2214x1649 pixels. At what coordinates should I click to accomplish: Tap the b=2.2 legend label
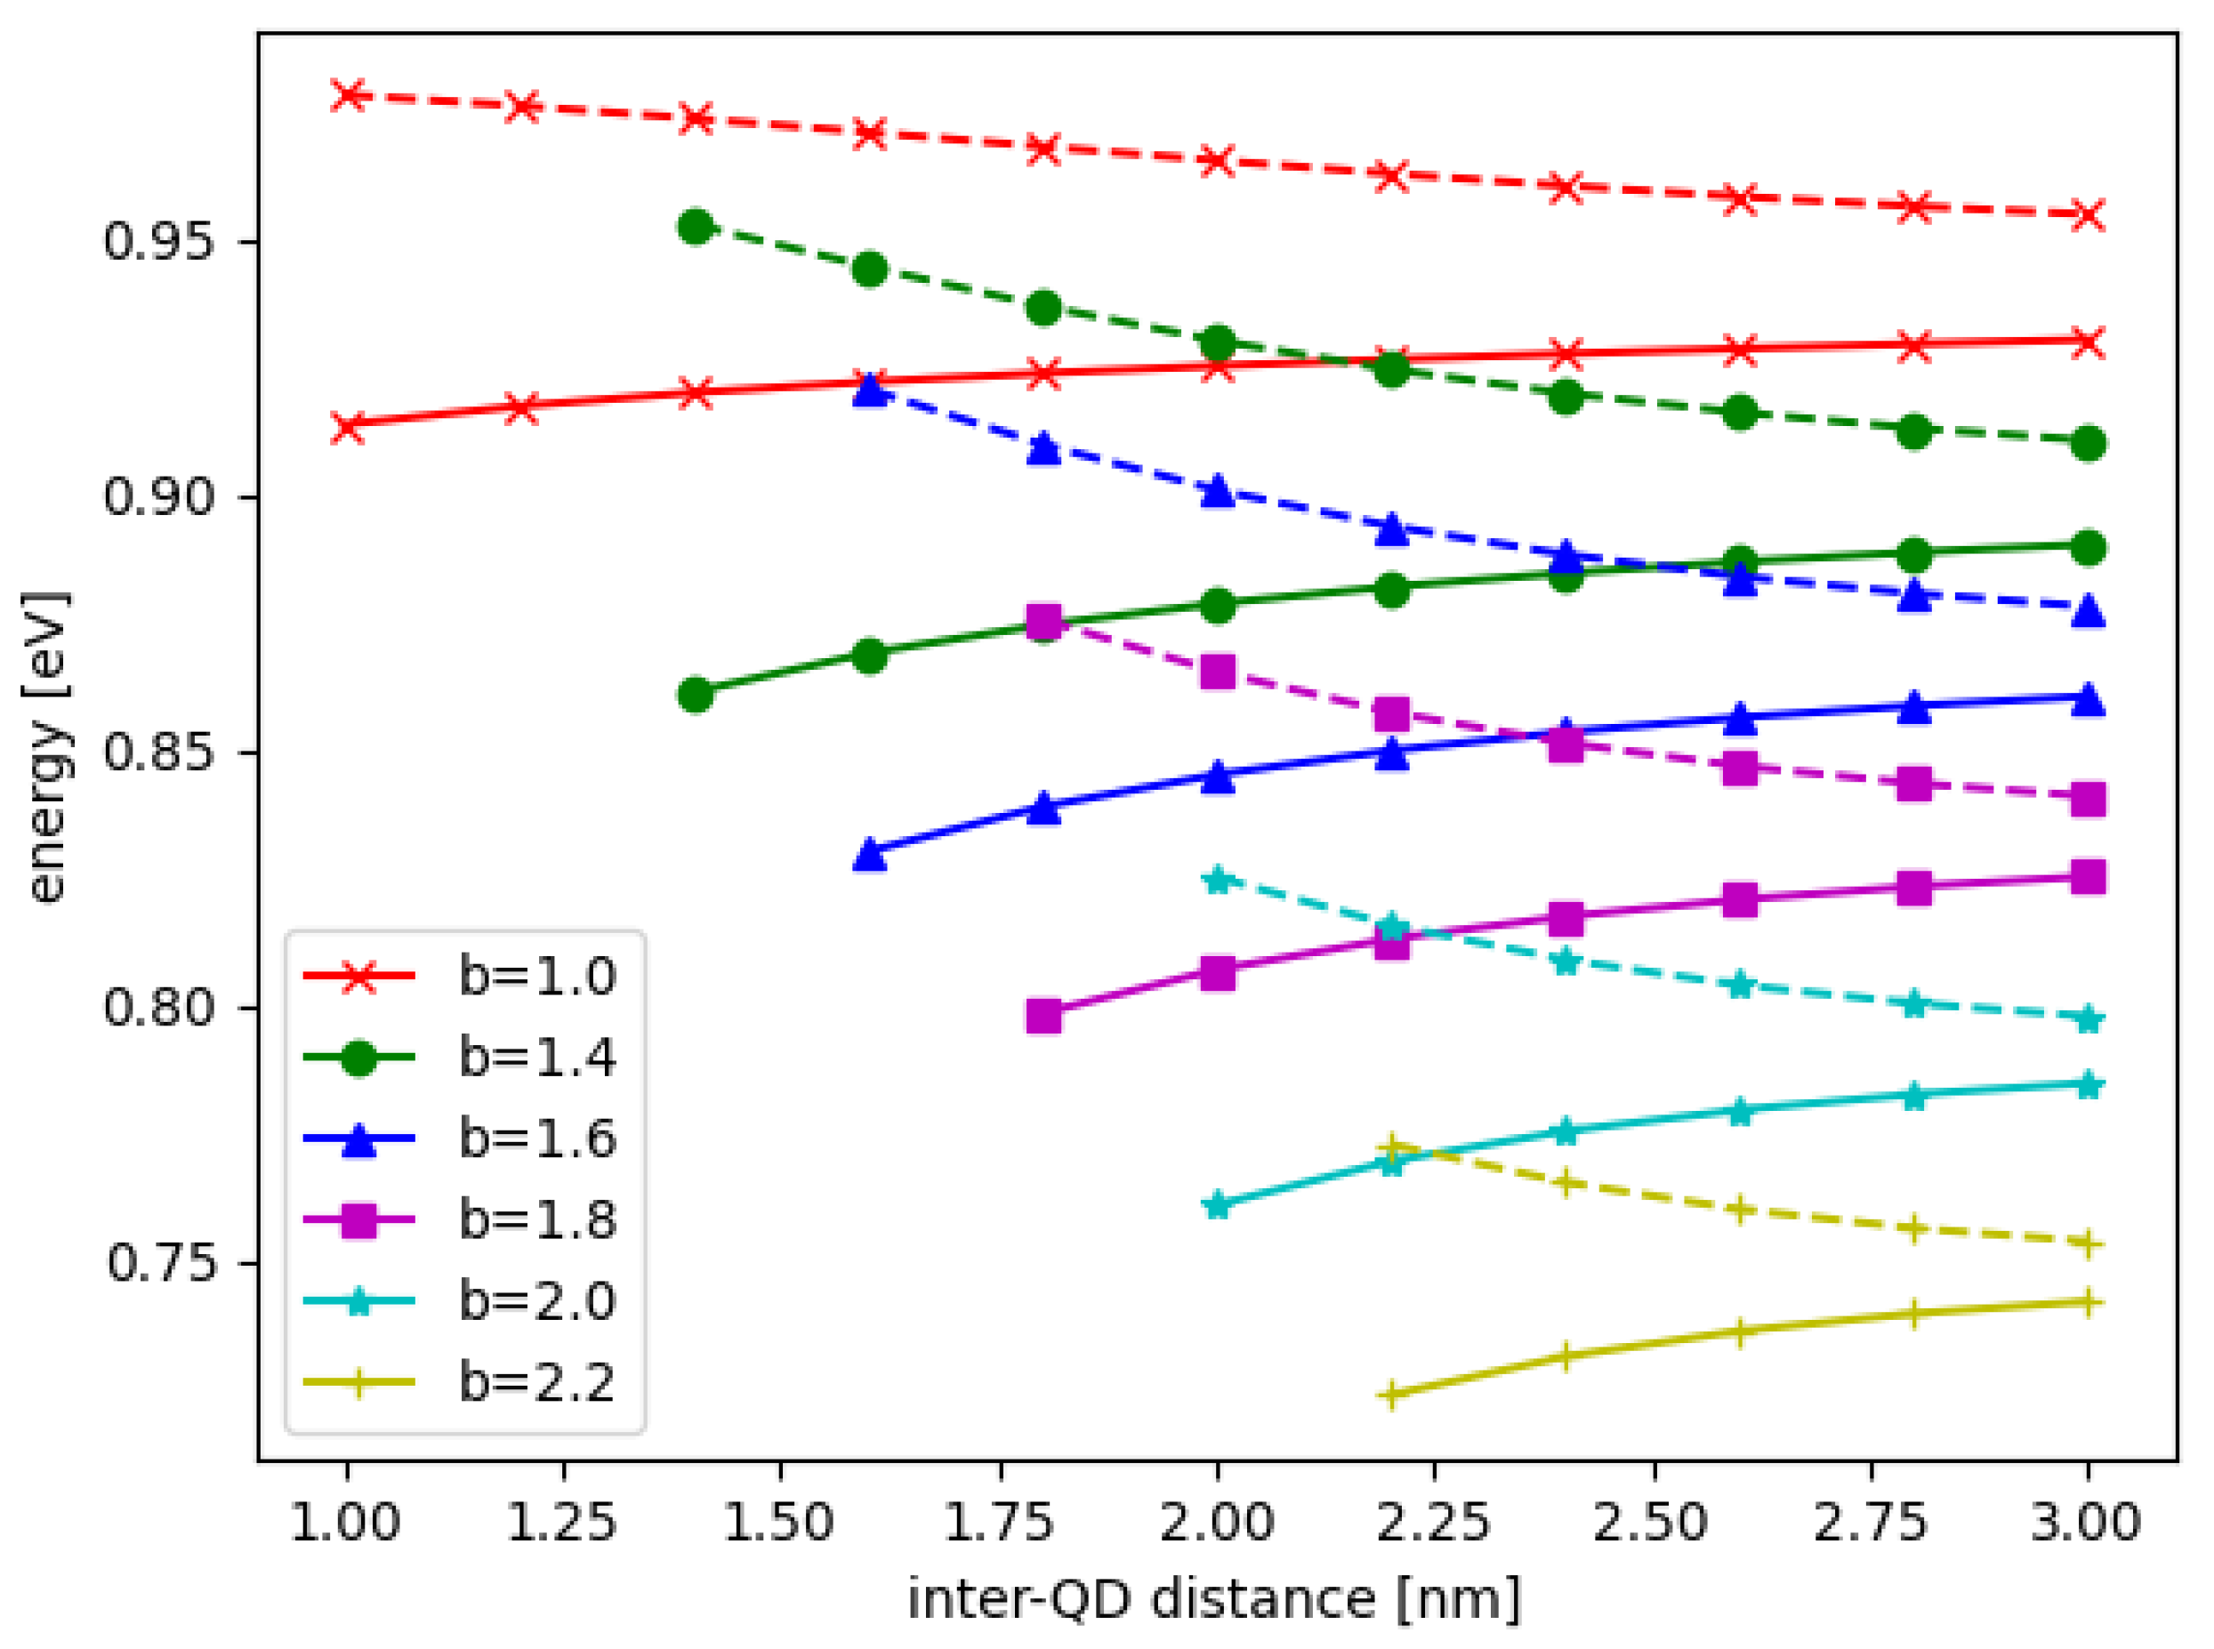[x=536, y=1381]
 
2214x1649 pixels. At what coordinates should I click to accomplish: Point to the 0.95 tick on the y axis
[x=157, y=242]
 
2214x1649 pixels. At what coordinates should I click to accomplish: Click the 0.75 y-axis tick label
[x=157, y=1263]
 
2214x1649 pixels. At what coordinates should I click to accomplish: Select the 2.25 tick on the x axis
[x=1433, y=1521]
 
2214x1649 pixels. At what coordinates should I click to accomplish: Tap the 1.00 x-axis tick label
[x=345, y=1521]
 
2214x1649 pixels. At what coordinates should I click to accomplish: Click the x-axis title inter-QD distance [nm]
[x=1214, y=1599]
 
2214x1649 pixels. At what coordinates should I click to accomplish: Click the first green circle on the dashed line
[x=696, y=227]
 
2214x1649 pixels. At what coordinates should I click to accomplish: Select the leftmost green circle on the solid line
[x=696, y=694]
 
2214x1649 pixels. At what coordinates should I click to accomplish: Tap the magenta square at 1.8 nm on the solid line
[x=1044, y=1016]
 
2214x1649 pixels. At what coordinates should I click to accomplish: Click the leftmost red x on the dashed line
[x=348, y=95]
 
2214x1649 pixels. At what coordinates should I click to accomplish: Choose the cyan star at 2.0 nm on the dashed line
[x=1217, y=880]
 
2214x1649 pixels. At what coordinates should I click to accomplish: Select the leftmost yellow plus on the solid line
[x=1390, y=1395]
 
